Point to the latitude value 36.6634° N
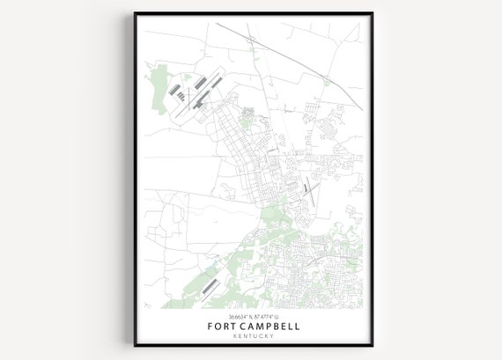pyautogui.click(x=235, y=315)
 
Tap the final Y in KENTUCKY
pyautogui.click(x=272, y=336)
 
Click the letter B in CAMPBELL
pyautogui.click(x=275, y=326)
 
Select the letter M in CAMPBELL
pyautogui.click(x=255, y=326)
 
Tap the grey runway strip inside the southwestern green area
pyautogui.click(x=208, y=286)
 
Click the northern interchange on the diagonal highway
pyautogui.click(x=250, y=41)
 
